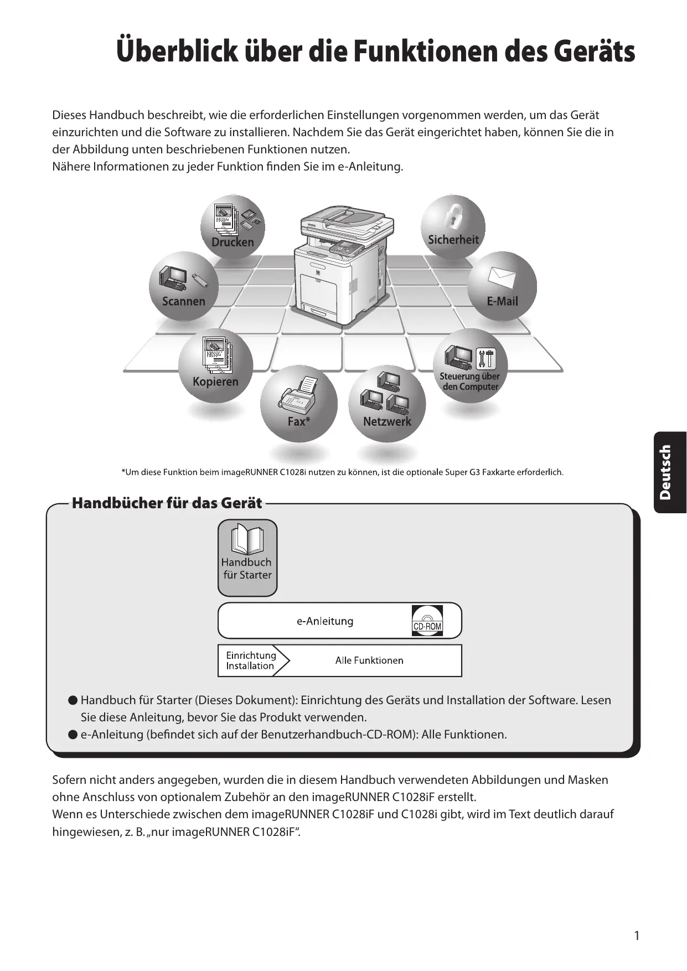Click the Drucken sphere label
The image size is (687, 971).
pyautogui.click(x=233, y=242)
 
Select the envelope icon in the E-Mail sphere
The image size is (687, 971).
pyautogui.click(x=502, y=276)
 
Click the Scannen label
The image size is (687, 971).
pyautogui.click(x=183, y=301)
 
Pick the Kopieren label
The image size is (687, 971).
pyautogui.click(x=215, y=381)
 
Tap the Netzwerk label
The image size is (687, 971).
pyautogui.click(x=387, y=421)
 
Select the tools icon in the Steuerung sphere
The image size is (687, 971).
pyautogui.click(x=487, y=358)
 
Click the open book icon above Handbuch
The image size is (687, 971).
pyautogui.click(x=247, y=540)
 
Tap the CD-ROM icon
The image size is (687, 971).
pyautogui.click(x=427, y=621)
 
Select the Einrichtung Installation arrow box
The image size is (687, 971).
pyautogui.click(x=252, y=660)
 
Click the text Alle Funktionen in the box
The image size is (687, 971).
pyautogui.click(x=369, y=660)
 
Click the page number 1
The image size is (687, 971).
pyautogui.click(x=637, y=936)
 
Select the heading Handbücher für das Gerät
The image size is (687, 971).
pyautogui.click(x=167, y=503)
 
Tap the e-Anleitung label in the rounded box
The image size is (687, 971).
pyautogui.click(x=325, y=621)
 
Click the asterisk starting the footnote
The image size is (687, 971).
pyautogui.click(x=123, y=472)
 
